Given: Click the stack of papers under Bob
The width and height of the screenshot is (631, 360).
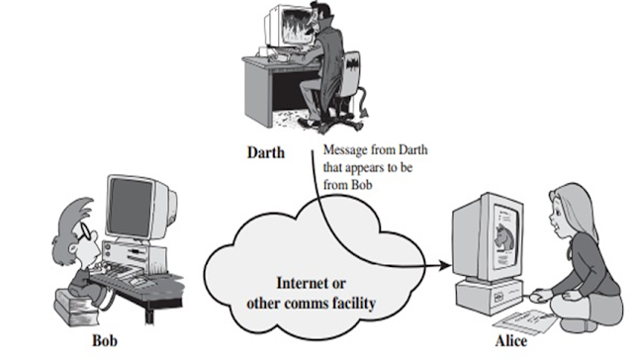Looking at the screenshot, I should coord(73,312).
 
